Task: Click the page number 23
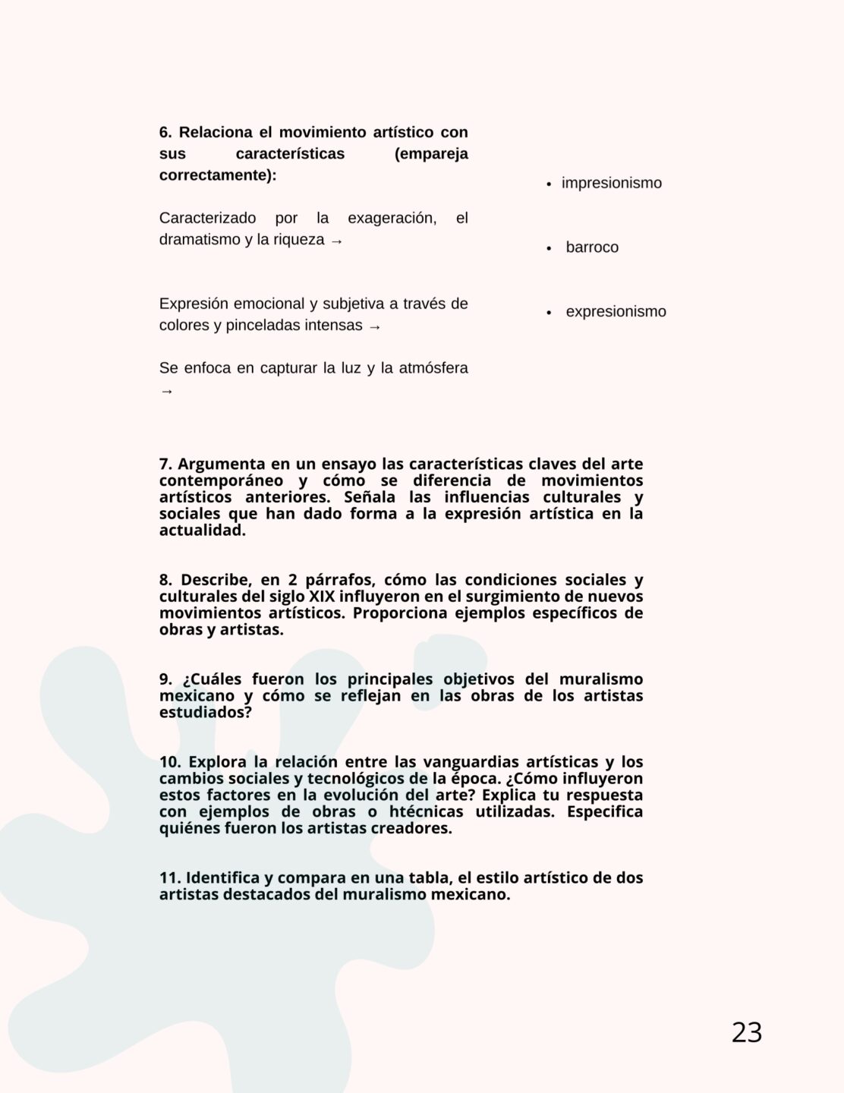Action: [x=747, y=1033]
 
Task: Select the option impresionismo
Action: [x=611, y=183]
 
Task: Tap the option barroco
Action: [x=592, y=247]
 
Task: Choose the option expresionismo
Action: [x=616, y=312]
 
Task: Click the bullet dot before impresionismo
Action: [x=549, y=184]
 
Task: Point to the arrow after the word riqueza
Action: [x=337, y=241]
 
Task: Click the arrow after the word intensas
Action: [x=374, y=326]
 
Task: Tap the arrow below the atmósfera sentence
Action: [x=167, y=392]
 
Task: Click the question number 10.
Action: [x=169, y=762]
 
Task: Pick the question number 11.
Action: [x=168, y=878]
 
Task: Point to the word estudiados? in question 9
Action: [x=205, y=713]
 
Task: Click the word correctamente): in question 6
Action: [x=218, y=175]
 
